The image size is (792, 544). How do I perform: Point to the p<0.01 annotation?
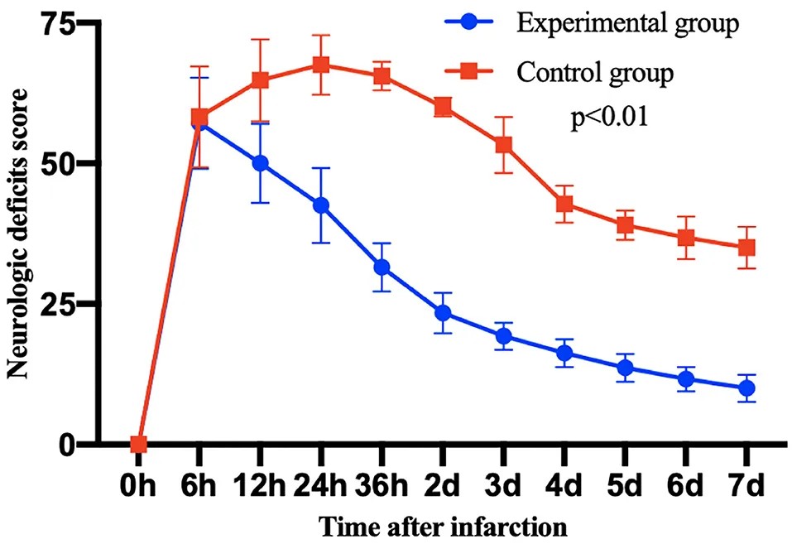coord(608,118)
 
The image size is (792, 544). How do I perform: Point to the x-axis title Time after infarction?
coord(443,525)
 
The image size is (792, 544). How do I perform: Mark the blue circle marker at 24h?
coord(321,205)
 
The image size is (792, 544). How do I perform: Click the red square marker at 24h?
coord(321,65)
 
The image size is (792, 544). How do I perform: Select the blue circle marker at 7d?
coord(746,388)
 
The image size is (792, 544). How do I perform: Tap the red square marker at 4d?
coord(564,205)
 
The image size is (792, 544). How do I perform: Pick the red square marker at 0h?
coord(139,445)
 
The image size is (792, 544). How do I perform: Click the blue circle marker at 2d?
coord(443,313)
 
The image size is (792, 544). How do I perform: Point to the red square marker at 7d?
coord(746,248)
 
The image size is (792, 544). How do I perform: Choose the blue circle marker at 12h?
coord(261,163)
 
